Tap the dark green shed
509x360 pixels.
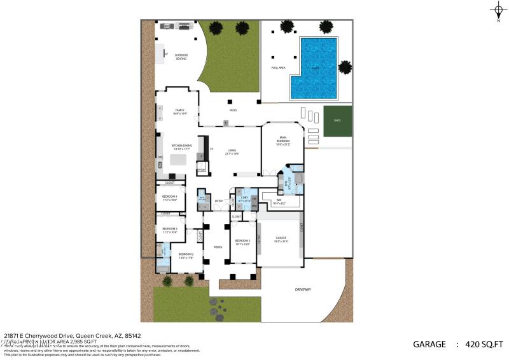click(337, 121)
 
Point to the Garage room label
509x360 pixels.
click(281, 240)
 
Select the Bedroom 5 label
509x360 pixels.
click(242, 242)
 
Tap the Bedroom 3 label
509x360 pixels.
click(169, 230)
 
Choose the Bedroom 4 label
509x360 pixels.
click(169, 198)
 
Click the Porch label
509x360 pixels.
click(217, 247)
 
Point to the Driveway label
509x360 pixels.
click(303, 289)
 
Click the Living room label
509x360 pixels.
click(231, 152)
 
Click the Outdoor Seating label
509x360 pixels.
click(181, 57)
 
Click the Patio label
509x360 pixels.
click(234, 110)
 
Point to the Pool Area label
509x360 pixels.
click(277, 67)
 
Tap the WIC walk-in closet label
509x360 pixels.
click(279, 202)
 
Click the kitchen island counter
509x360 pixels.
click(178, 160)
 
